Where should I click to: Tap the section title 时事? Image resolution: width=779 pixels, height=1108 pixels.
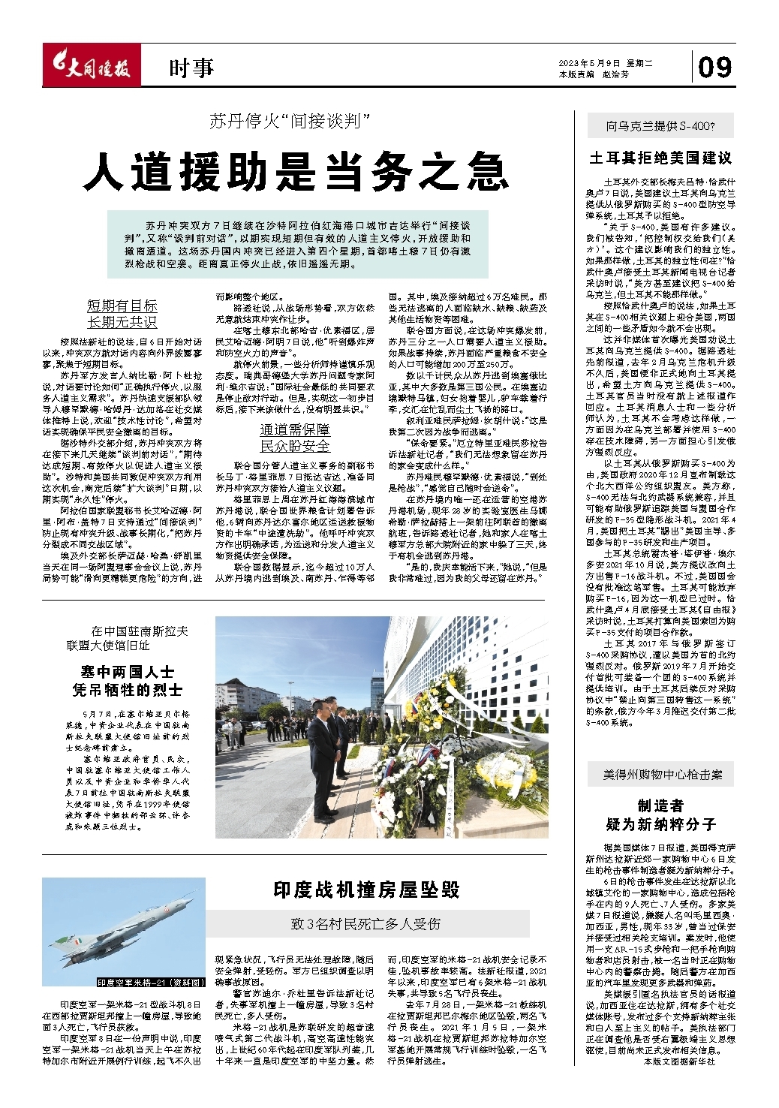pyautogui.click(x=191, y=69)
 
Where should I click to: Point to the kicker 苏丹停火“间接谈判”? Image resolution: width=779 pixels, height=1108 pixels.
pyautogui.click(x=290, y=120)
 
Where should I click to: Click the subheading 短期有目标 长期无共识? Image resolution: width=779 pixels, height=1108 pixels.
pyautogui.click(x=122, y=313)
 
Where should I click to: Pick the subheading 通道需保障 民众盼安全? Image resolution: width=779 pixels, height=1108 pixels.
pyautogui.click(x=294, y=437)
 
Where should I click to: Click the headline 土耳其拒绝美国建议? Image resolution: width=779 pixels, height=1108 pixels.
pyautogui.click(x=660, y=158)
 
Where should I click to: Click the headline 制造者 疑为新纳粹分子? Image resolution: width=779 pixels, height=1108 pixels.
pyautogui.click(x=660, y=814)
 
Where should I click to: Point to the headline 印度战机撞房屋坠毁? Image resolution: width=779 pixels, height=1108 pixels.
pyautogui.click(x=366, y=890)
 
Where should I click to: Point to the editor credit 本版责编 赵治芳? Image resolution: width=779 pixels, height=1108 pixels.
pyautogui.click(x=594, y=74)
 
